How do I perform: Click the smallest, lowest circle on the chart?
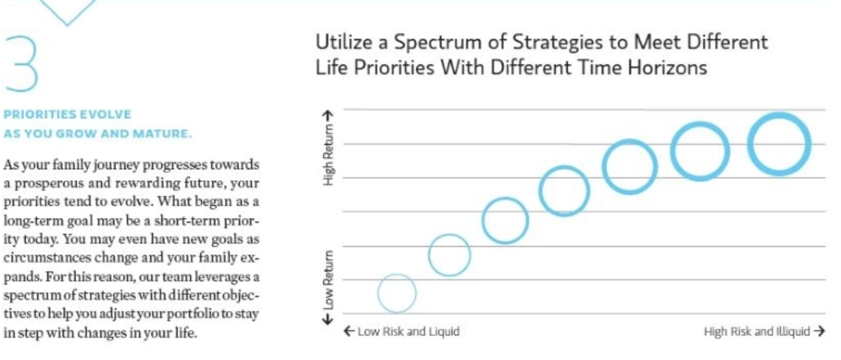click(397, 293)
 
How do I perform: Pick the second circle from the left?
click(449, 255)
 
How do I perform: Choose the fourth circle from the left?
click(565, 191)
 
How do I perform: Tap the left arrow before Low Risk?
click(350, 331)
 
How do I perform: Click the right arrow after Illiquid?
click(818, 331)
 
